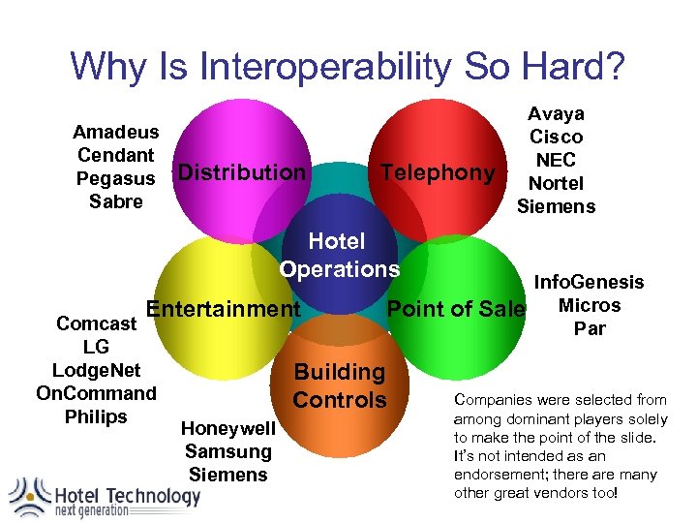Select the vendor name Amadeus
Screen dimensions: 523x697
pyautogui.click(x=116, y=132)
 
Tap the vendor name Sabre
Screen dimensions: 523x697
pyautogui.click(x=116, y=201)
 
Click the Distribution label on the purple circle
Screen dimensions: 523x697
pyautogui.click(x=241, y=172)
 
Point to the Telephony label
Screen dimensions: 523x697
pyautogui.click(x=438, y=172)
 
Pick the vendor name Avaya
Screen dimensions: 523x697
pyautogui.click(x=556, y=113)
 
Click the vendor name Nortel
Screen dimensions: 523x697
pyautogui.click(x=556, y=183)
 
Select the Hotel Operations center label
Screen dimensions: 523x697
pyautogui.click(x=338, y=255)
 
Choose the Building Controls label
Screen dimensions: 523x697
pyautogui.click(x=339, y=385)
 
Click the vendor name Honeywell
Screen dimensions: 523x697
pyautogui.click(x=228, y=428)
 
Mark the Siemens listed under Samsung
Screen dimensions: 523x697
pyautogui.click(x=228, y=475)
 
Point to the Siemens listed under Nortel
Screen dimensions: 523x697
pyautogui.click(x=556, y=206)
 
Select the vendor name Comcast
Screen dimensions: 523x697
pyautogui.click(x=96, y=323)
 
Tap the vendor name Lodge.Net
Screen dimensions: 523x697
pyautogui.click(x=96, y=370)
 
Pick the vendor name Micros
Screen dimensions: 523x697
pyautogui.click(x=590, y=305)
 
